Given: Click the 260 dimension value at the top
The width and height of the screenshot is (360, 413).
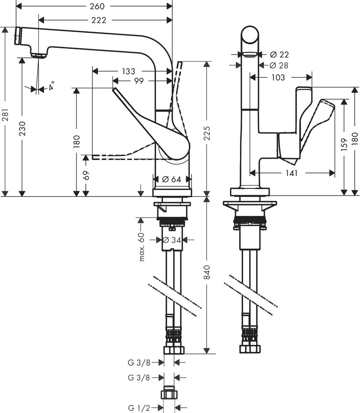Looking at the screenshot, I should coord(97,6).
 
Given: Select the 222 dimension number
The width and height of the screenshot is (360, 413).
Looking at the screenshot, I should coord(99,20).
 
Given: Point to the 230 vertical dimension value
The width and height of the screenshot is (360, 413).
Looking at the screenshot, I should coord(22,128).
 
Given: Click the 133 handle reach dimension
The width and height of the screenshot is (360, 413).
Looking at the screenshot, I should coord(129,71).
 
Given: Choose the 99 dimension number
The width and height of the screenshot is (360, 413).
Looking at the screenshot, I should coord(139,81).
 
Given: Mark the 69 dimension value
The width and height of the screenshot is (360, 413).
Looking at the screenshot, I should coord(86,175).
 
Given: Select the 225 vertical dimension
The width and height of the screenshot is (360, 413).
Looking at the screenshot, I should coord(207,134).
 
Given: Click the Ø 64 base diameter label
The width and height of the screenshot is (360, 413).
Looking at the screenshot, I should coord(171,179).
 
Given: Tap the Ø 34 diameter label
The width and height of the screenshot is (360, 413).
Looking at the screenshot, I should coord(172,240).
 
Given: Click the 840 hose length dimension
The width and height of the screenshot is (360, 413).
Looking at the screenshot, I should coord(207,273).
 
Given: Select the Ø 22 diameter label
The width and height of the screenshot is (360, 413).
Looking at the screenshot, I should coord(279,54).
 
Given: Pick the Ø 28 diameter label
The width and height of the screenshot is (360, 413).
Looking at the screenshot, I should coord(279,65).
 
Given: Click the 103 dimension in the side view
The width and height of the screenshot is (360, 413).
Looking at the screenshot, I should coord(278,77).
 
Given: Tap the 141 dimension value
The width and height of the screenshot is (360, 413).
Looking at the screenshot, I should coord(291,173).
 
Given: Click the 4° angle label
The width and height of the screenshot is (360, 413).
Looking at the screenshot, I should coord(51,85).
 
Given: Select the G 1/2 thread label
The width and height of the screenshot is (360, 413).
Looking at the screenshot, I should coord(139,408).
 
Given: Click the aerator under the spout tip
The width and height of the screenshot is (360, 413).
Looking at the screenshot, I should coord(39,55).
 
